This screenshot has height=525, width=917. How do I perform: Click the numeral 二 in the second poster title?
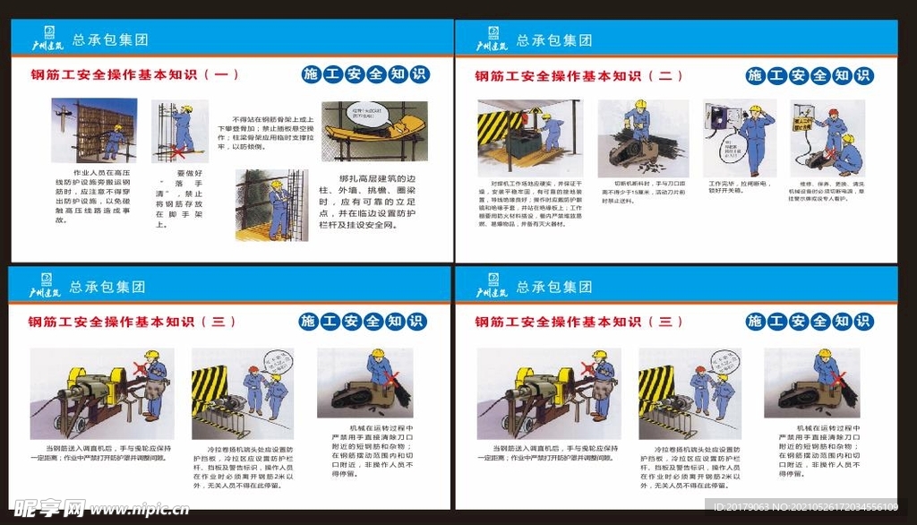point(664,76)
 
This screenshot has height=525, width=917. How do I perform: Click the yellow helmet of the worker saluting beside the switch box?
point(755,109)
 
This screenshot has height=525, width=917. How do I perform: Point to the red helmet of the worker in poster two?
point(832,114)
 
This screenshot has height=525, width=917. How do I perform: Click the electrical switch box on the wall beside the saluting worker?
point(718,118)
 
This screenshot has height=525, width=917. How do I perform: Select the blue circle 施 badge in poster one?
point(312,74)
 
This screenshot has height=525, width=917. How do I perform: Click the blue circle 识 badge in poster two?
point(863,75)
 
